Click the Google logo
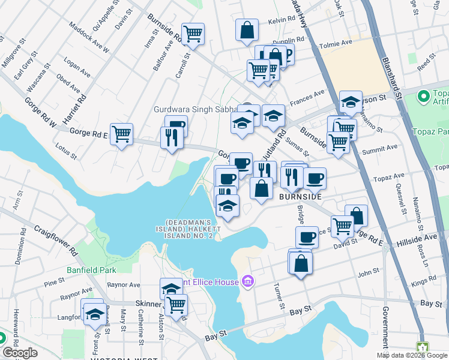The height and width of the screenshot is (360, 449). click(20, 353)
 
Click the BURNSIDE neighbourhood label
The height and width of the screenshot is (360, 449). click(301, 197)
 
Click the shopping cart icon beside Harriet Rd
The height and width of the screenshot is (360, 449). click(121, 134)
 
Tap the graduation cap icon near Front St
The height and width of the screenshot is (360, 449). click(94, 313)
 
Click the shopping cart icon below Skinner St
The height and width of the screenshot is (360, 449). click(176, 305)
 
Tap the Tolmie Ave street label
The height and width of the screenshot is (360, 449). click(338, 43)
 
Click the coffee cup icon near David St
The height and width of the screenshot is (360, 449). click(307, 236)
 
